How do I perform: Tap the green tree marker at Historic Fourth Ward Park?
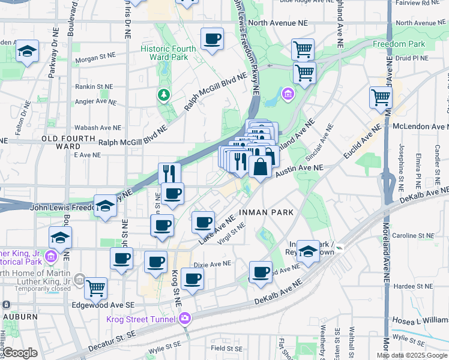point(162,94)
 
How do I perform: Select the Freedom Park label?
point(399,44)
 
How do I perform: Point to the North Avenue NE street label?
point(281,23)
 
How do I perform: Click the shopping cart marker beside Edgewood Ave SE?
point(95,288)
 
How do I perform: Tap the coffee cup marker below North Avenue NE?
point(212,40)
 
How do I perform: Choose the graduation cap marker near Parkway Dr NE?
point(27,52)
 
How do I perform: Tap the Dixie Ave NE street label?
point(212,263)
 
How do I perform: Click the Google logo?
point(20,353)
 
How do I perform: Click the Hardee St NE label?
point(414,286)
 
